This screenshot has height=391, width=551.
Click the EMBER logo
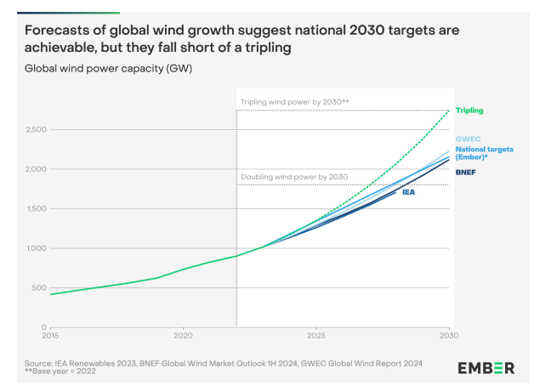(486, 367)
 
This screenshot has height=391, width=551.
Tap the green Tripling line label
(470, 110)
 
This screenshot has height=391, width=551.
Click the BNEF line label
(466, 172)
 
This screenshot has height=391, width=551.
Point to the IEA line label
(408, 192)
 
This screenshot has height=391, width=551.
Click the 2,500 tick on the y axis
(35, 129)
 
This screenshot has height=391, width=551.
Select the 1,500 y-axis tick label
(35, 208)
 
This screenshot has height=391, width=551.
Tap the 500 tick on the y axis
(38, 288)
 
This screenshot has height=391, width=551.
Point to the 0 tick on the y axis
(43, 327)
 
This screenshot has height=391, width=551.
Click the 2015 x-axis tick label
(50, 337)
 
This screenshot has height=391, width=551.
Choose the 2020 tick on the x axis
(183, 337)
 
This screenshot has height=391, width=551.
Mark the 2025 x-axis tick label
(315, 337)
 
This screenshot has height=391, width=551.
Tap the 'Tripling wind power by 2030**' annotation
(294, 102)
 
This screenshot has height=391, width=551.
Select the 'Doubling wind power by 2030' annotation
(294, 176)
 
